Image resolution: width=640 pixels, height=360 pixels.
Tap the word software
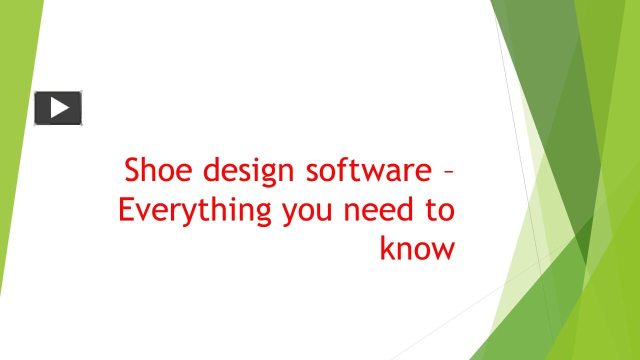pos(368,170)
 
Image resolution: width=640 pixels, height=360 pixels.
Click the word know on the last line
pos(417,248)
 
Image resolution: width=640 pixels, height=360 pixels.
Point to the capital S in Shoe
pos(132,170)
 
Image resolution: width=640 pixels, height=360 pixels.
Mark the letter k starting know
pos(386,248)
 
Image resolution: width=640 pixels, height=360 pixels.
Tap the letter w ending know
pos(444,250)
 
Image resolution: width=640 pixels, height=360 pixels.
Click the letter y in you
pos(290,214)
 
